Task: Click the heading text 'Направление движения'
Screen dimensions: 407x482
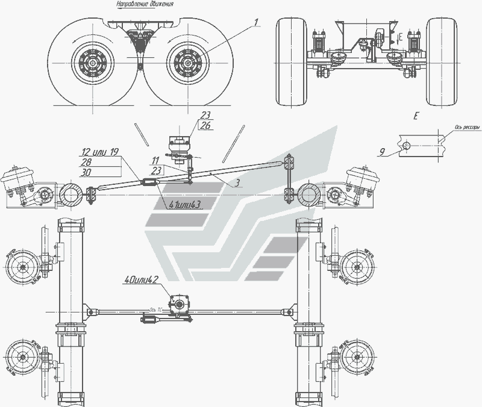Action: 145,4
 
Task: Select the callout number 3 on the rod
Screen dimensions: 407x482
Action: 240,181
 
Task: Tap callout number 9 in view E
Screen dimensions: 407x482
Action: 383,152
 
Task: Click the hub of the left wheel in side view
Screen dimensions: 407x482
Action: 92,63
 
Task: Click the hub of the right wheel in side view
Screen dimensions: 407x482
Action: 187,63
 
